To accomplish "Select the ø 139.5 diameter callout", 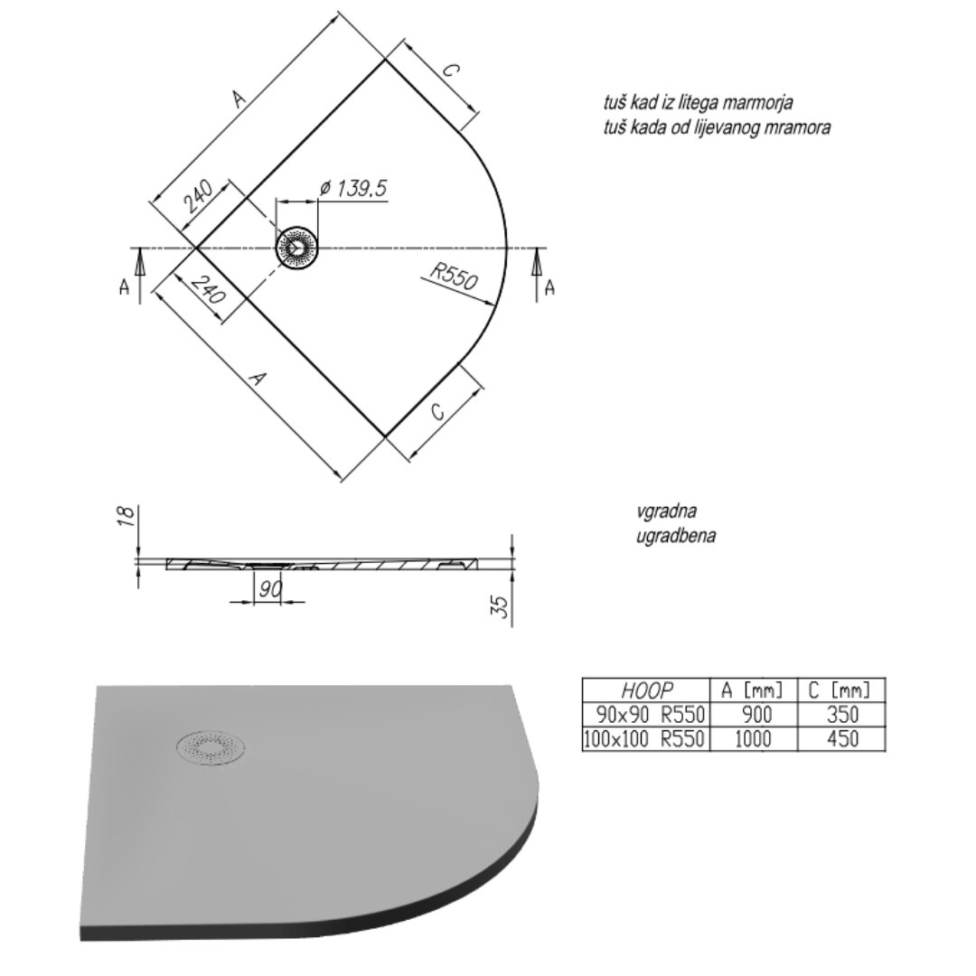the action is click(x=353, y=188).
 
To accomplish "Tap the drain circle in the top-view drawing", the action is click(x=297, y=248).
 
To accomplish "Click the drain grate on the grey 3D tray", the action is click(x=211, y=747).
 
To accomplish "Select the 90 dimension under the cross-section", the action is click(x=270, y=588).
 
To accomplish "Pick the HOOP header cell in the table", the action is click(x=647, y=690).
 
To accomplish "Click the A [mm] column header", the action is click(x=753, y=690).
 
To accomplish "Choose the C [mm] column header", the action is click(x=839, y=690).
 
